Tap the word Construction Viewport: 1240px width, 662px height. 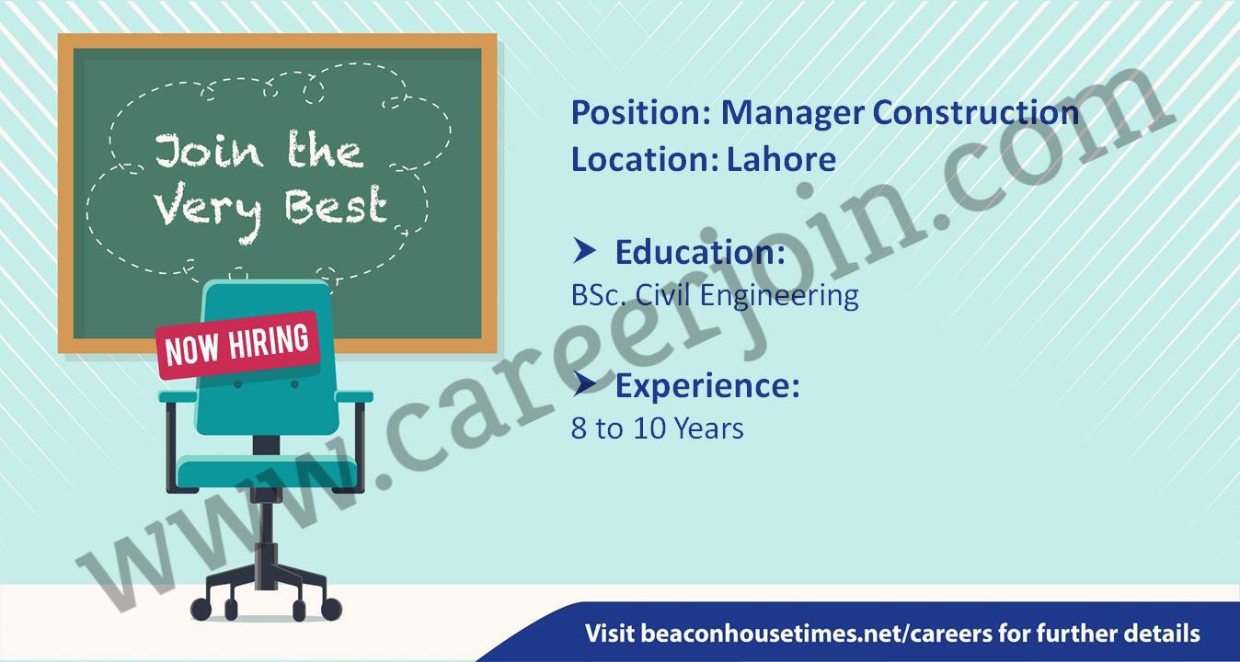tap(976, 112)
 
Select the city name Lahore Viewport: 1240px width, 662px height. tap(781, 159)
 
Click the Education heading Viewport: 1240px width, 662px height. tap(700, 253)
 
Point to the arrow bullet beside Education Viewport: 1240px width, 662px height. tap(584, 250)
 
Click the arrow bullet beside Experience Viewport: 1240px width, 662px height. tap(584, 383)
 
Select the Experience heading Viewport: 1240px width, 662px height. tap(707, 386)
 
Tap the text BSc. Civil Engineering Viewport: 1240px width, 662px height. tap(715, 296)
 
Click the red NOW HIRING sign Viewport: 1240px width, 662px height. tap(238, 346)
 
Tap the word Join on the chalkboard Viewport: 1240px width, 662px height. tap(209, 151)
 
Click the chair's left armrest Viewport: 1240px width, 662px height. tap(178, 396)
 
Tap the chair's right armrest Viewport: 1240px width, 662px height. tap(354, 396)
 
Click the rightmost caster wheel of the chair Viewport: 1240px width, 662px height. tap(331, 610)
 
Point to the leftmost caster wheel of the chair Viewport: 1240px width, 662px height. tap(201, 610)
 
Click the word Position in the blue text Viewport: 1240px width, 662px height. tap(640, 113)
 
